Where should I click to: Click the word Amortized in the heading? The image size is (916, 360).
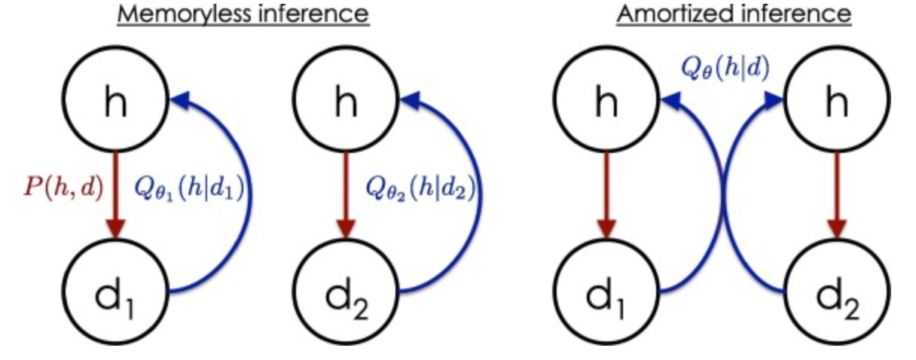(x=658, y=15)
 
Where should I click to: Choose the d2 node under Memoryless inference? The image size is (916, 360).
(x=345, y=294)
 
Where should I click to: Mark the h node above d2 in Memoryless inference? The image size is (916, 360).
(x=345, y=105)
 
